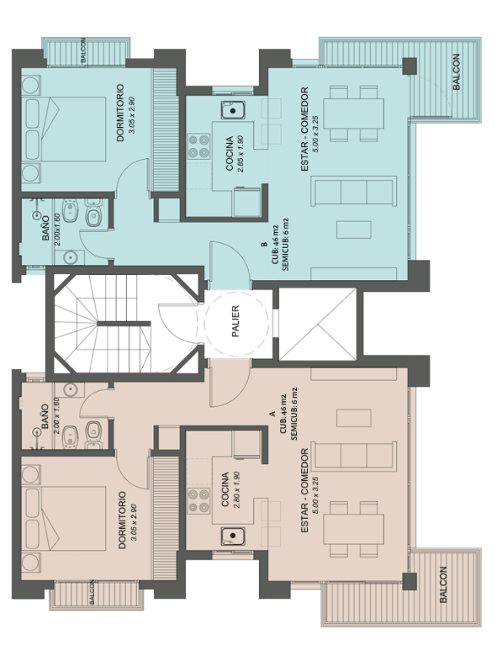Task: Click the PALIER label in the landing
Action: [235, 322]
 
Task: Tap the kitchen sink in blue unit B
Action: [233, 110]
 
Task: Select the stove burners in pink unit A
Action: [199, 500]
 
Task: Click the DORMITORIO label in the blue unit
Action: [120, 113]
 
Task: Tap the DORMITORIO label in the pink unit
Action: [122, 520]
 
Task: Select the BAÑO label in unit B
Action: [46, 228]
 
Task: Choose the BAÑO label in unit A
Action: [45, 416]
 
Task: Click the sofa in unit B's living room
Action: [354, 190]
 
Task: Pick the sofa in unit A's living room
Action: [354, 456]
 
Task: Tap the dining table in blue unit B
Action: [354, 113]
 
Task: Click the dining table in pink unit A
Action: [354, 529]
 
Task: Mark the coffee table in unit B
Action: [354, 229]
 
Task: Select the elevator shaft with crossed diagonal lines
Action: [317, 324]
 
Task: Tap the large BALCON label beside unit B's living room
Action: [456, 72]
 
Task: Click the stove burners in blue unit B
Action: [199, 146]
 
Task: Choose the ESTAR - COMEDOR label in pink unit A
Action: [305, 490]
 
